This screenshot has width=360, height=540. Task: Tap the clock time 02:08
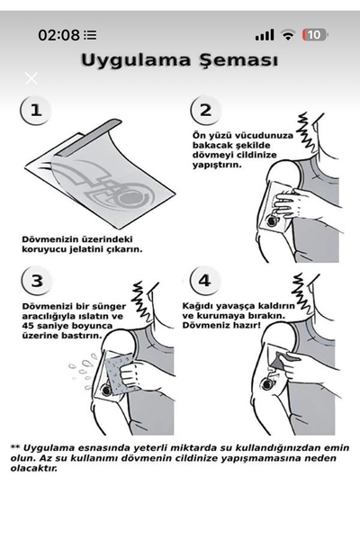[58, 35]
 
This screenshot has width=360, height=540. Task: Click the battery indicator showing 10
[315, 35]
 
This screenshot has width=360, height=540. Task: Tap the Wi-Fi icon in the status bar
[288, 35]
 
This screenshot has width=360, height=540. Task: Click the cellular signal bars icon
[264, 35]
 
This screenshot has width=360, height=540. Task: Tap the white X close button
[31, 77]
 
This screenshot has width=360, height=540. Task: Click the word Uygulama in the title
[135, 61]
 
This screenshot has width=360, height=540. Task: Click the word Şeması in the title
[235, 61]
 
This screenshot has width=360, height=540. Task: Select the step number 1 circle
[34, 111]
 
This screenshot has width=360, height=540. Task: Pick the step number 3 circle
[34, 280]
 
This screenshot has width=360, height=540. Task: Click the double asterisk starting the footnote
[14, 446]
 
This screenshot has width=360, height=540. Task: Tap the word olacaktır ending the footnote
[35, 468]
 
